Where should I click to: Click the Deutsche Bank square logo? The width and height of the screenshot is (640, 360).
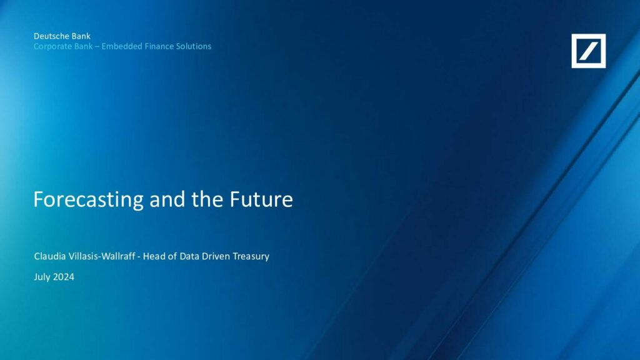589,51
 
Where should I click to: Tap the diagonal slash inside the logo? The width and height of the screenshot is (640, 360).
589,51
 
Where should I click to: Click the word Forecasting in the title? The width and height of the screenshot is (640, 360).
89,199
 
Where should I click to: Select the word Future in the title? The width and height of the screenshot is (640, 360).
261,199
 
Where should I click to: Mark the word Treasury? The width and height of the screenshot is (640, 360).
251,256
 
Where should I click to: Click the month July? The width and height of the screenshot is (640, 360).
42,277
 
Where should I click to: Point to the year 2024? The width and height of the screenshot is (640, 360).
64,277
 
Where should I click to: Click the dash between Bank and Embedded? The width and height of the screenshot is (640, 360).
97,47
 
